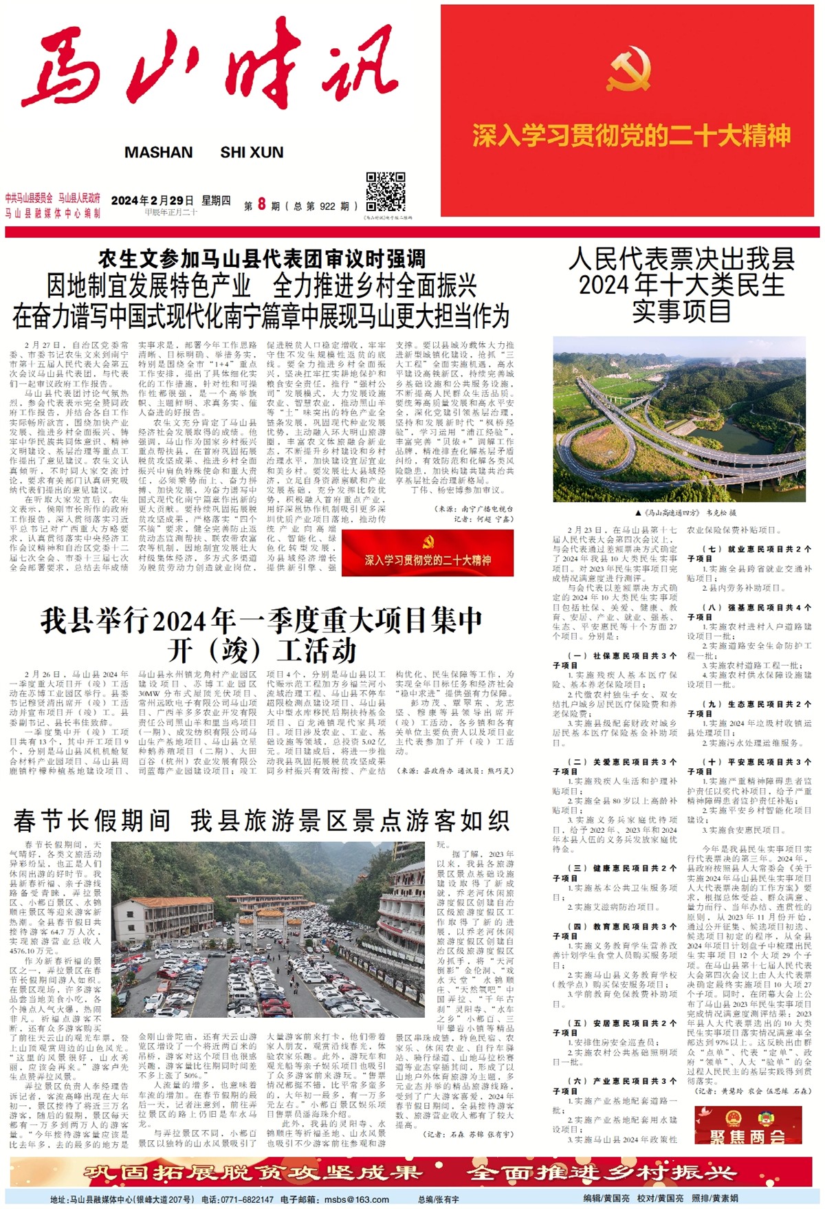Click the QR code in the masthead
pos(385,193)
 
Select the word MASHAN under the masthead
pos(158,153)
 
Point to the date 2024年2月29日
pos(152,201)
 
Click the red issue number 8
pos(261,204)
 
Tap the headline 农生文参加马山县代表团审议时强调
pos(261,259)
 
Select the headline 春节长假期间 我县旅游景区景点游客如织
pos(261,820)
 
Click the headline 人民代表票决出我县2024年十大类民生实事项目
pos(682,284)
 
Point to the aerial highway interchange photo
pos(682,420)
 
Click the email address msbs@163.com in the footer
pos(356,1199)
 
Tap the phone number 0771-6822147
pos(247,1199)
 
